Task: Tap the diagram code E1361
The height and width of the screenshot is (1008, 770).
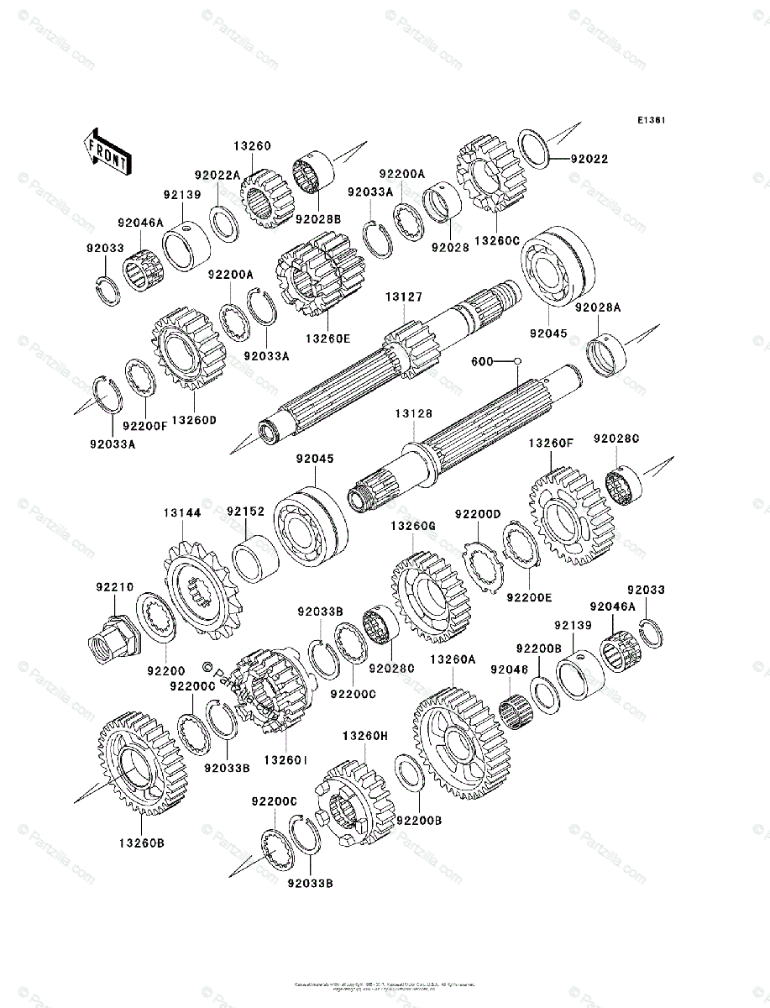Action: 651,121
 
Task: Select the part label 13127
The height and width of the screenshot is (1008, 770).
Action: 404,297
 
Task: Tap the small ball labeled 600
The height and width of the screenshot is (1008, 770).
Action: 518,361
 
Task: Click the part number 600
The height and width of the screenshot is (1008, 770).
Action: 481,361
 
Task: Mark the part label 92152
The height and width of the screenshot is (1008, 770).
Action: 245,511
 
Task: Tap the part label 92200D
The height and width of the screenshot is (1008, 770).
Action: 478,514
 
